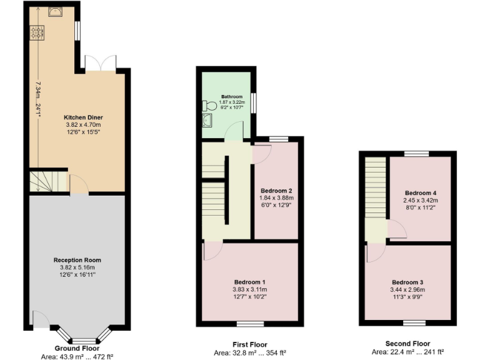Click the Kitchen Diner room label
[83, 117]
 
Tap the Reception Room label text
[77, 260]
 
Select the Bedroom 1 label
[249, 282]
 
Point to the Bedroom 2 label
[276, 191]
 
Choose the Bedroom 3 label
[408, 282]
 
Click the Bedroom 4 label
[421, 192]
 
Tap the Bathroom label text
[231, 97]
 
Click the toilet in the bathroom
[209, 107]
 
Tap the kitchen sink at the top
[54, 12]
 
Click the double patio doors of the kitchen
[101, 63]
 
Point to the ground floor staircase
[48, 181]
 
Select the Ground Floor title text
[77, 348]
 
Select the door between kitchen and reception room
[78, 186]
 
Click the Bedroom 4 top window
[413, 153]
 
